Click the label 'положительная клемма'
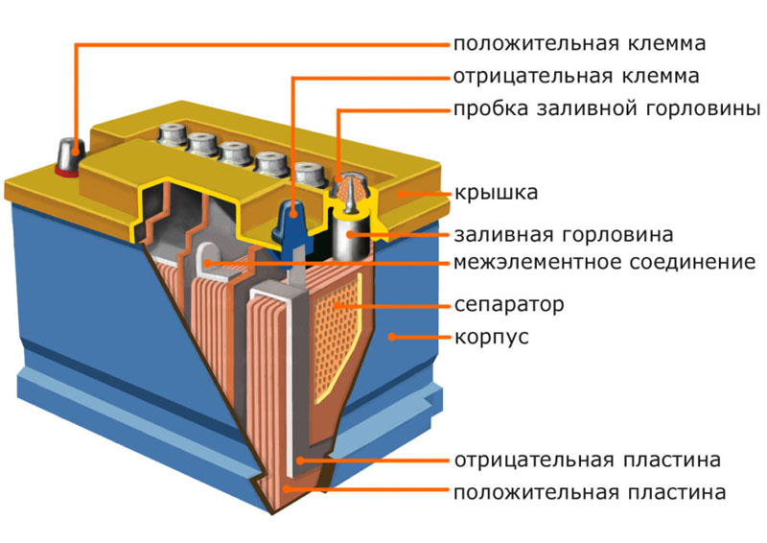580,44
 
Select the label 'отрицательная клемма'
576,77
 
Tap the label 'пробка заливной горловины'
607,109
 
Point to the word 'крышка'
496,193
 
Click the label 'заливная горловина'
564,235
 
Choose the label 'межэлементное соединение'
605,263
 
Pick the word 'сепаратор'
509,305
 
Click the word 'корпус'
492,338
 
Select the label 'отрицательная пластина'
588,460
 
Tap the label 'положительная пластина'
590,492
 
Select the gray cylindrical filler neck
350,234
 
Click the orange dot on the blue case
391,337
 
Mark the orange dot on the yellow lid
400,194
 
